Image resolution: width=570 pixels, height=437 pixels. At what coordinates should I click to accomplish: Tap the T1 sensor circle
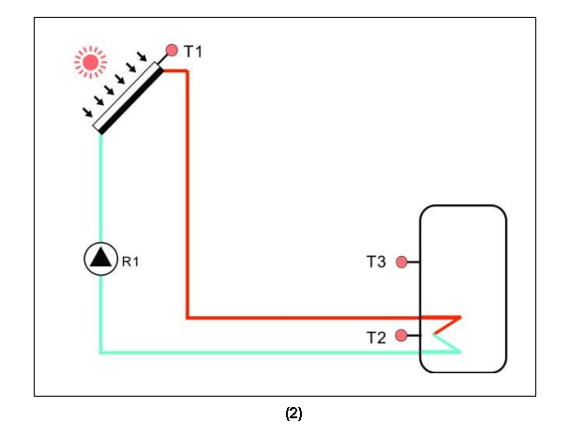tap(172, 51)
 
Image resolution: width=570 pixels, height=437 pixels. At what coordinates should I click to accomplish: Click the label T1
tap(192, 52)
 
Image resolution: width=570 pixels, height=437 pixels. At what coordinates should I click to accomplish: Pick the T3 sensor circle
tap(402, 263)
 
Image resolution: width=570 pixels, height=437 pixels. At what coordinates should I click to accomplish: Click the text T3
tap(376, 263)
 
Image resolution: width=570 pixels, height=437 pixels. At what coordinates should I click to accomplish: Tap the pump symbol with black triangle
tap(99, 258)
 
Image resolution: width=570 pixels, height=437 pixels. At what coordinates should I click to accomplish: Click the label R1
tap(130, 262)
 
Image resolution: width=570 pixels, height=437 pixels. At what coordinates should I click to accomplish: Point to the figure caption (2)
tap(293, 414)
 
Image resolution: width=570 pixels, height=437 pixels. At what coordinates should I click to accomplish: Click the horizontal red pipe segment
tap(309, 318)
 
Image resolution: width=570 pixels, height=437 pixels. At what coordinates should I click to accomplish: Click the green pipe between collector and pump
tap(100, 188)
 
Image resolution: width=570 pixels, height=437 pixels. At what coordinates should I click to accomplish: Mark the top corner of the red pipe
tap(187, 71)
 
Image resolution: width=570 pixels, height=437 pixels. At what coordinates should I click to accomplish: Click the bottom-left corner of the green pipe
tap(100, 353)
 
